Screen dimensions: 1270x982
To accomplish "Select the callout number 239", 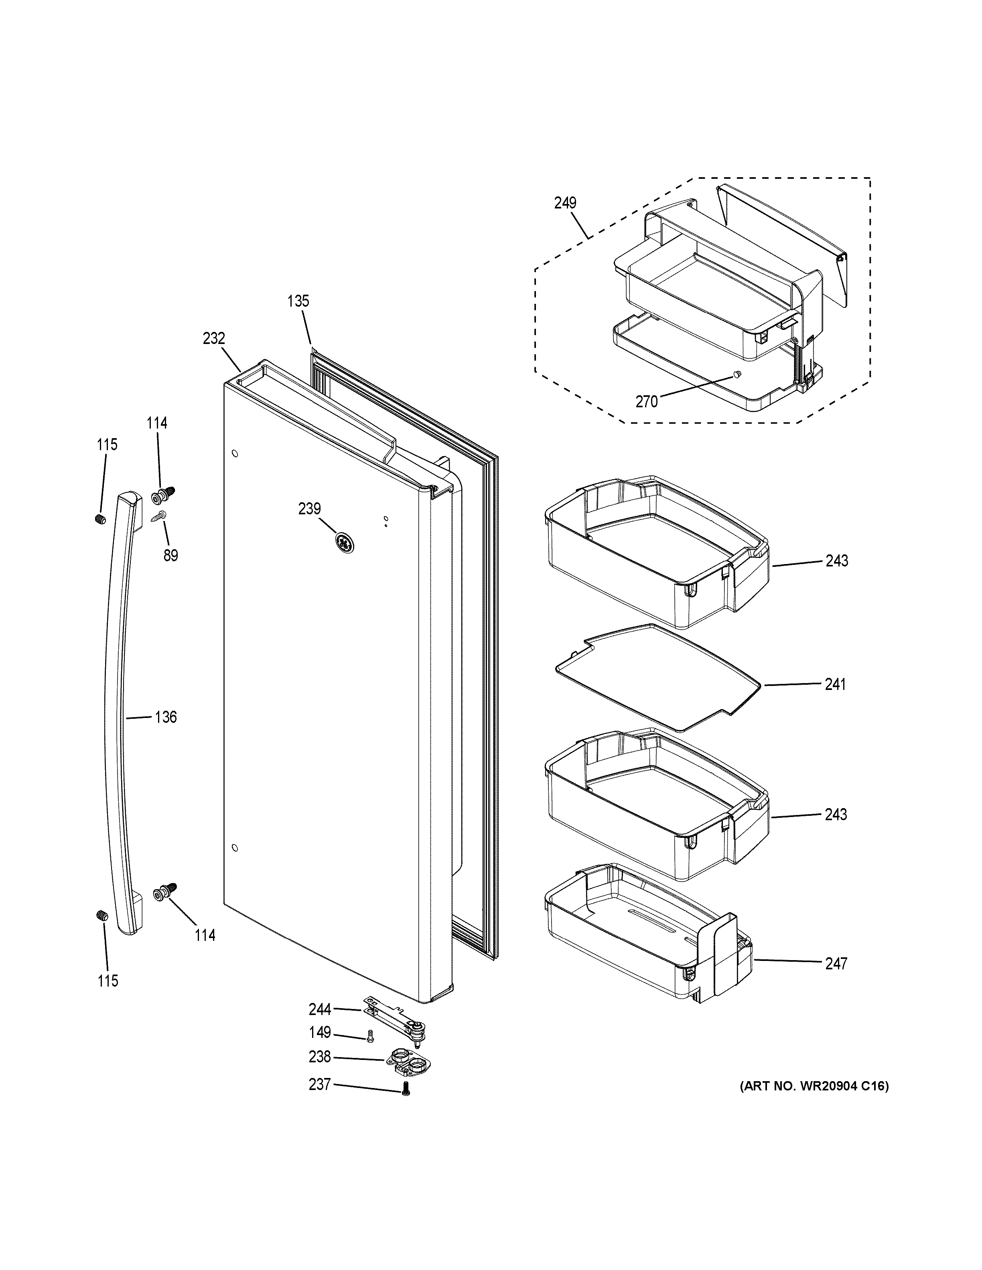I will coord(309,509).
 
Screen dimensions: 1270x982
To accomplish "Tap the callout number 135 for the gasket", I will coord(298,301).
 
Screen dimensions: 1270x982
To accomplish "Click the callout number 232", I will coord(213,338).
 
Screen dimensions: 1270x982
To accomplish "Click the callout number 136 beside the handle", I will coord(165,717).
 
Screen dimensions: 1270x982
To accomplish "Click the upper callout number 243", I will coord(836,560).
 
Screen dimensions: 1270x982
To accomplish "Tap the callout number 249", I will coord(565,203).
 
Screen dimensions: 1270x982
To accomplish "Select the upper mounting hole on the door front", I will coord(234,453).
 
